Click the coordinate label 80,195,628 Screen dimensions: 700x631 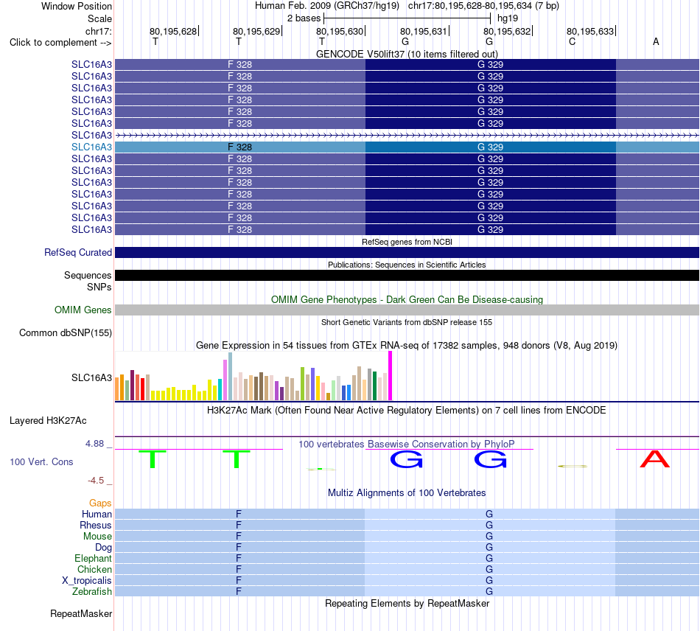point(172,31)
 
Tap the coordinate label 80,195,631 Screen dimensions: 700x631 point(423,31)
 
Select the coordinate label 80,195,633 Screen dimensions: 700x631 point(590,31)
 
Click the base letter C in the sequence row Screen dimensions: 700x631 point(572,41)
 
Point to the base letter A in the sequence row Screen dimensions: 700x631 point(656,41)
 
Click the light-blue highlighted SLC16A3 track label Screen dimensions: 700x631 point(91,147)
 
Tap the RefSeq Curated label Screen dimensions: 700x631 point(78,252)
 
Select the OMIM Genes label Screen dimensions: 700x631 point(83,310)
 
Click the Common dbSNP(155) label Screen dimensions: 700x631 point(66,332)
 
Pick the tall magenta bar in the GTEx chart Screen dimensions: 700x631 point(391,375)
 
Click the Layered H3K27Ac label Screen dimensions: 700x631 point(48,421)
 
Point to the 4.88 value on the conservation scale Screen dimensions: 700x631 point(94,444)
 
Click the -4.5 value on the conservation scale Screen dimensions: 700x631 point(96,481)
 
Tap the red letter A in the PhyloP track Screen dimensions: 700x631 point(655,459)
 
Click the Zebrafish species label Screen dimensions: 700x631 point(92,591)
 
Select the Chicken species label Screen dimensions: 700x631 point(94,569)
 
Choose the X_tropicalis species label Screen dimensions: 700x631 point(87,581)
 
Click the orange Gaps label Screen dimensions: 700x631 point(100,503)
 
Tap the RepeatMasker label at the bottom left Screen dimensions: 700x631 point(81,613)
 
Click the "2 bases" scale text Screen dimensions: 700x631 point(304,18)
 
